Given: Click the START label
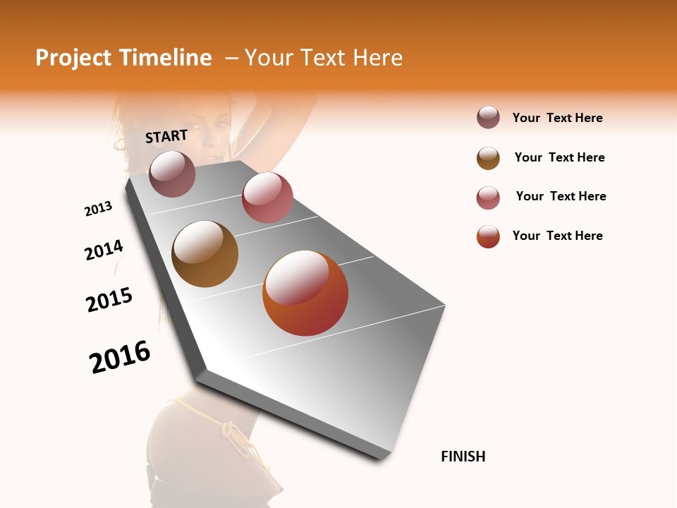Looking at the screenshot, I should pyautogui.click(x=166, y=136).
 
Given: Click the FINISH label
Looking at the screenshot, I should pyautogui.click(x=463, y=456).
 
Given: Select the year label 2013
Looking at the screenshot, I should pyautogui.click(x=98, y=209).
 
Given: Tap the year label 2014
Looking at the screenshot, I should pyautogui.click(x=104, y=250).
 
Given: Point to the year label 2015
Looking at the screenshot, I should pyautogui.click(x=109, y=300).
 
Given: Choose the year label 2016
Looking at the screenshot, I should pyautogui.click(x=120, y=356).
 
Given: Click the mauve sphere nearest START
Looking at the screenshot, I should pyautogui.click(x=172, y=174).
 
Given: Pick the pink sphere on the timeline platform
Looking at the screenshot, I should pyautogui.click(x=267, y=198).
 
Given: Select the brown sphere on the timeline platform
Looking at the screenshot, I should pyautogui.click(x=205, y=254).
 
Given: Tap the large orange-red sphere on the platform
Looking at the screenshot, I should pyautogui.click(x=305, y=293).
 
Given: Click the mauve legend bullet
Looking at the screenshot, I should pyautogui.click(x=488, y=118).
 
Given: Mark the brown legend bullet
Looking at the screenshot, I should pyautogui.click(x=488, y=158).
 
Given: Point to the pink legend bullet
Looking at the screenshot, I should pyautogui.click(x=488, y=198).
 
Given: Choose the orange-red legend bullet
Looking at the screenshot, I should pyautogui.click(x=488, y=237).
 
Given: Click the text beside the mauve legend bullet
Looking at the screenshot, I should pyautogui.click(x=558, y=118).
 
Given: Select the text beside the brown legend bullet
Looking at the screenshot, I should pyautogui.click(x=560, y=157).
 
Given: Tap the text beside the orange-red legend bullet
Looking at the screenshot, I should pyautogui.click(x=558, y=236).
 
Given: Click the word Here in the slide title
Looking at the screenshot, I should pyautogui.click(x=377, y=58).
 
